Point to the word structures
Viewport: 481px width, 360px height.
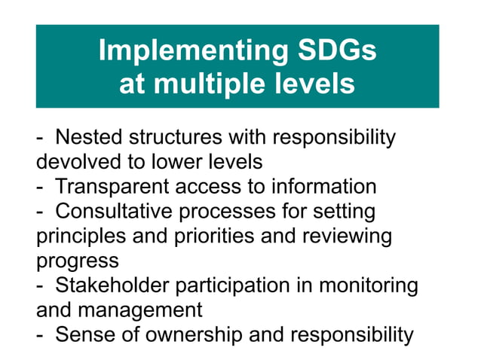coord(176,138)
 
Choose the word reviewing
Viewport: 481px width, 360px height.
coord(345,236)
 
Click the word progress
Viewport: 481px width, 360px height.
coord(77,261)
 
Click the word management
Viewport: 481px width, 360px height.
coord(143,310)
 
